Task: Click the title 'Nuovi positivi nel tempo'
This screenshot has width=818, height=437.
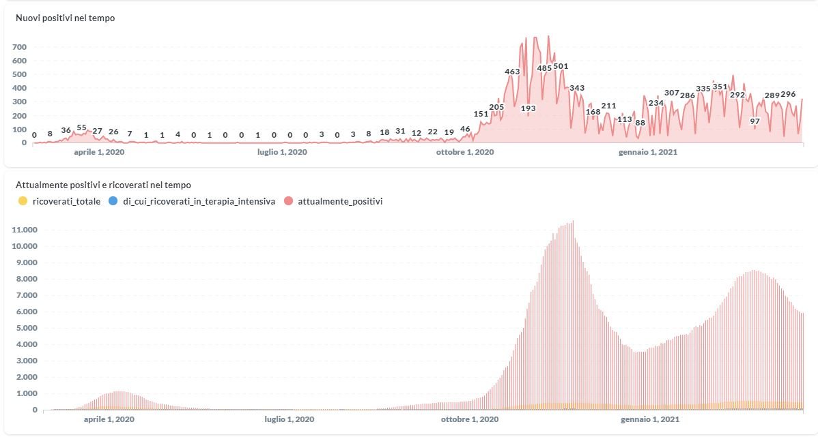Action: tap(65, 18)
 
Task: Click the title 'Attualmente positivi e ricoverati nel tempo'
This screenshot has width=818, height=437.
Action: tap(103, 185)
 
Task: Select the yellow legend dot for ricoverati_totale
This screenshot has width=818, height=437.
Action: tap(23, 201)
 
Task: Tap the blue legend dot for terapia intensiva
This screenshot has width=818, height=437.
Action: tap(113, 201)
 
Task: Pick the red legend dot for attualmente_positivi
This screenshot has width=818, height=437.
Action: tap(289, 201)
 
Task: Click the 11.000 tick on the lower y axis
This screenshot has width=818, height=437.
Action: tap(24, 230)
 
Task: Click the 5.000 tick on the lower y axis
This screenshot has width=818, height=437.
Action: tap(26, 328)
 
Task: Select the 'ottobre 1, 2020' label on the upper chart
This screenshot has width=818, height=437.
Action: tap(465, 153)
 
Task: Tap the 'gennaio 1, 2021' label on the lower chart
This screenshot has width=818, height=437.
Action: tap(648, 420)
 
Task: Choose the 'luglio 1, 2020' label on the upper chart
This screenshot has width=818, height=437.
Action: tap(282, 153)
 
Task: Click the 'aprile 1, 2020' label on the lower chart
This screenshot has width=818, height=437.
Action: tap(109, 420)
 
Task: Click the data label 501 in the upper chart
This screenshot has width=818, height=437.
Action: tap(561, 66)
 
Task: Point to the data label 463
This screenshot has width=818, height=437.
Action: tap(512, 72)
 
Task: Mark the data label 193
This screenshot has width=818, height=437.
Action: tap(528, 108)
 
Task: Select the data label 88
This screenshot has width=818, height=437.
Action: tap(640, 123)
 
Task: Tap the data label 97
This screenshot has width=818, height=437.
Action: tap(754, 121)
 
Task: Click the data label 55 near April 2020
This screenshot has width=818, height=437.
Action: tap(81, 127)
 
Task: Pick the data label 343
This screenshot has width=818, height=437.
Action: tap(577, 88)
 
